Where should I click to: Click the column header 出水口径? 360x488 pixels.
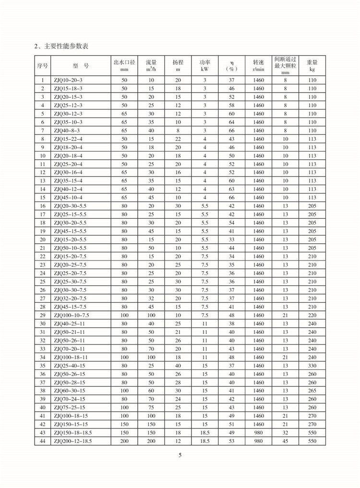pyautogui.click(x=124, y=62)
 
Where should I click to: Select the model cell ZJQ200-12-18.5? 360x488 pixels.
pyautogui.click(x=72, y=440)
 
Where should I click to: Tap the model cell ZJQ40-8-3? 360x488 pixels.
pyautogui.click(x=67, y=131)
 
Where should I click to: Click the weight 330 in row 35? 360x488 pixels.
pyautogui.click(x=312, y=365)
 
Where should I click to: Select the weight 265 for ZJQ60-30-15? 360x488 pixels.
pyautogui.click(x=312, y=390)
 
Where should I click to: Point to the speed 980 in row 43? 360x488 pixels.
pyautogui.click(x=258, y=432)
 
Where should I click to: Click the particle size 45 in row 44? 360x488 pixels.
pyautogui.click(x=285, y=440)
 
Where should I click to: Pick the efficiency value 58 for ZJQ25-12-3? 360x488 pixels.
pyautogui.click(x=231, y=106)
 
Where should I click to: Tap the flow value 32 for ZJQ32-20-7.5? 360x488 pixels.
pyautogui.click(x=151, y=298)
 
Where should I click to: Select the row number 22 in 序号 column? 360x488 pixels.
pyautogui.click(x=43, y=256)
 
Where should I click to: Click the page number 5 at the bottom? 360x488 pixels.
pyautogui.click(x=180, y=455)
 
